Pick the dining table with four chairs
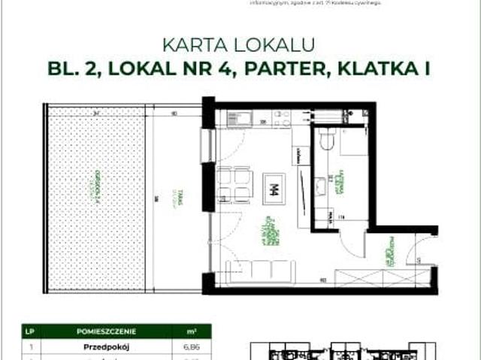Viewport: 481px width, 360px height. (234, 185)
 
